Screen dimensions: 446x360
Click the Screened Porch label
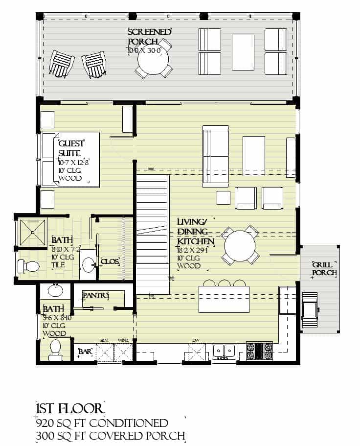click(149, 36)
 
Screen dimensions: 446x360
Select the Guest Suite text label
click(71, 148)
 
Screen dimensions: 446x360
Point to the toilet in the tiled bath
click(29, 266)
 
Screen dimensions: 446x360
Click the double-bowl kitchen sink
click(225, 352)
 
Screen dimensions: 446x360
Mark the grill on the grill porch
click(310, 310)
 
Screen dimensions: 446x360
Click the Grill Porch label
click(323, 268)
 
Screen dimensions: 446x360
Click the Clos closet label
click(110, 261)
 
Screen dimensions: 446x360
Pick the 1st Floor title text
click(70, 409)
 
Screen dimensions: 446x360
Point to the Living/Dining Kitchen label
click(196, 232)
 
